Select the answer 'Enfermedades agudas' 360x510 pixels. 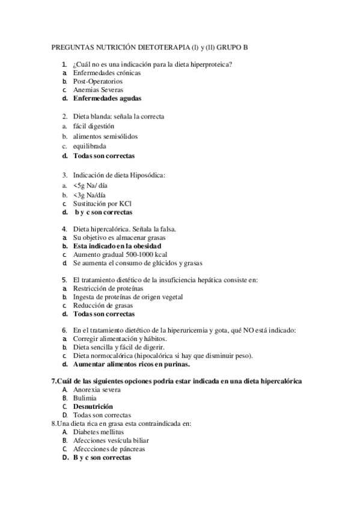point(107,98)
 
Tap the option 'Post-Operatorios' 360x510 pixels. point(98,81)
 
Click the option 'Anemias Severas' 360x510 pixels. point(97,90)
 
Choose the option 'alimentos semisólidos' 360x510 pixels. point(105,136)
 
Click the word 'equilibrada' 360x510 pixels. point(90,146)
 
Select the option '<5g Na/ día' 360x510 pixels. point(91,185)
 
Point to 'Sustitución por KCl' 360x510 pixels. point(102,203)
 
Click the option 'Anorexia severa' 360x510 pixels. point(96,390)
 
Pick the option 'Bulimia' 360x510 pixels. point(85,398)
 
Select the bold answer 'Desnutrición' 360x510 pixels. point(93,407)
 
